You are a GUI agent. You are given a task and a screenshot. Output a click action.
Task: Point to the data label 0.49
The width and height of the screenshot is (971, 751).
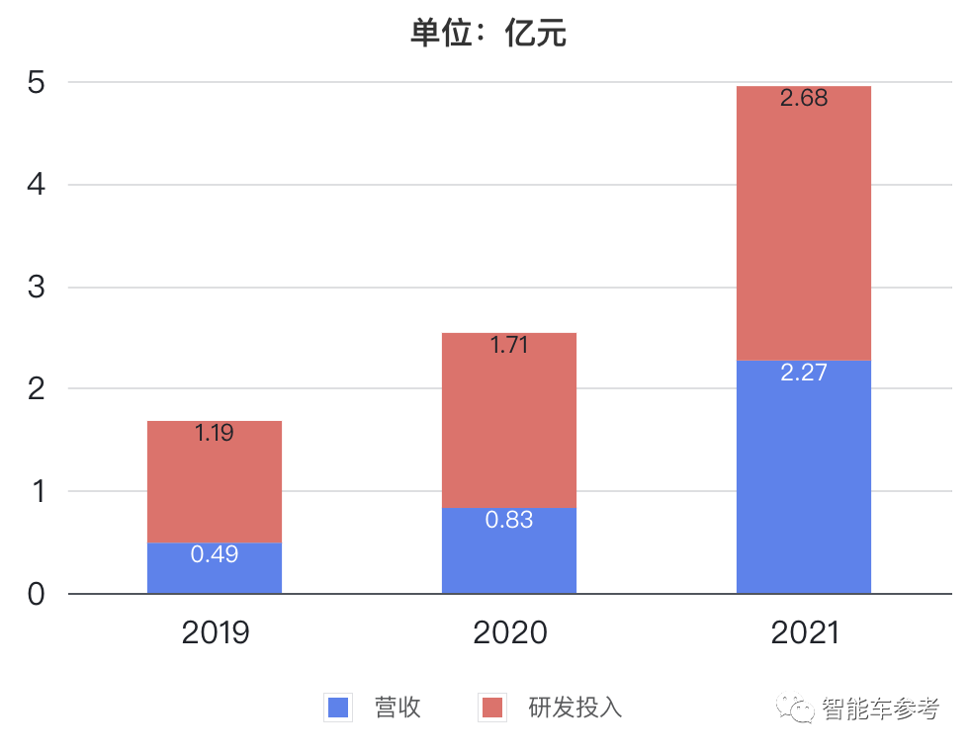click(x=215, y=554)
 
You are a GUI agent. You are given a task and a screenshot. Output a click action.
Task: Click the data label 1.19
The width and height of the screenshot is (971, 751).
click(x=215, y=433)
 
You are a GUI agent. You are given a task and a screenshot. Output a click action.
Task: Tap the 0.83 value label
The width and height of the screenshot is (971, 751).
click(x=509, y=520)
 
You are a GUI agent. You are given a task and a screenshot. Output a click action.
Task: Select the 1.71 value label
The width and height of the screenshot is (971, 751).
click(x=509, y=346)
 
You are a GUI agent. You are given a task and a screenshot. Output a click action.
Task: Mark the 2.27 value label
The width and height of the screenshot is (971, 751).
click(x=804, y=374)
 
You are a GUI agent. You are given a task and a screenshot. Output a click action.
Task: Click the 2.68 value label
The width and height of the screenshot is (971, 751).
click(x=804, y=99)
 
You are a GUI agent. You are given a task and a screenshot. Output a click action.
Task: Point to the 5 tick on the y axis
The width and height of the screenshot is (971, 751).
click(x=37, y=82)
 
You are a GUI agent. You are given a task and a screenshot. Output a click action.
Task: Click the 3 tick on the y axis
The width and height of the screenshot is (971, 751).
click(x=37, y=288)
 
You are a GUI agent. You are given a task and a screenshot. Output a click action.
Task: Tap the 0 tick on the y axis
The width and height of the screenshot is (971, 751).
click(x=37, y=594)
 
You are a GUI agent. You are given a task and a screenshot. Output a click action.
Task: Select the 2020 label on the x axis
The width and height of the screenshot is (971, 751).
click(x=509, y=633)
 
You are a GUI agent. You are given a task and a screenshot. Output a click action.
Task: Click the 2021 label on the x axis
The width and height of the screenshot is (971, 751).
click(x=804, y=633)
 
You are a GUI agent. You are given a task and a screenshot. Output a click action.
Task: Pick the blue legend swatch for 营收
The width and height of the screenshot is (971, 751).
click(x=338, y=708)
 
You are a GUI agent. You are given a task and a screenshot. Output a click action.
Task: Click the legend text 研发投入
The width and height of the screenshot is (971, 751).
click(x=574, y=708)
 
